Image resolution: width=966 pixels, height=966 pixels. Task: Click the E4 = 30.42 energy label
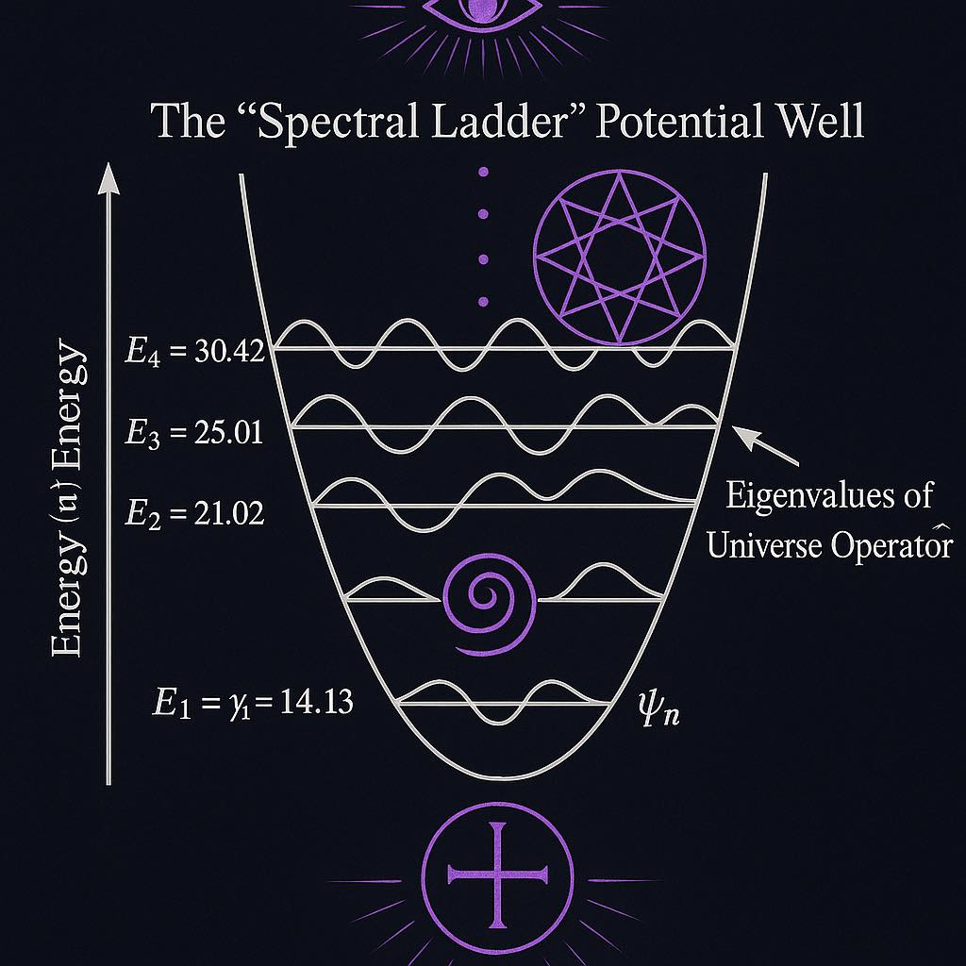[194, 352]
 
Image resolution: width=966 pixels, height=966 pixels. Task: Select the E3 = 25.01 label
[194, 432]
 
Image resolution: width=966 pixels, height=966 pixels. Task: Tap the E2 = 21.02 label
[194, 513]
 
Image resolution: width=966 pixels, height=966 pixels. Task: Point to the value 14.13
[316, 702]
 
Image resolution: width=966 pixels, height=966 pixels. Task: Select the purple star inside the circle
[619, 258]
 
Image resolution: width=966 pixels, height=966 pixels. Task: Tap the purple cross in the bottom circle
[497, 874]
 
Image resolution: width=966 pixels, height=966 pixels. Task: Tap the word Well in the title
[820, 122]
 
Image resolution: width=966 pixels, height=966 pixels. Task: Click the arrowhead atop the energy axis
[109, 178]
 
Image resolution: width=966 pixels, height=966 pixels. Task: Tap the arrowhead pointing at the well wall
[745, 435]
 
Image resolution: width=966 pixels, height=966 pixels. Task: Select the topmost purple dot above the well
[484, 172]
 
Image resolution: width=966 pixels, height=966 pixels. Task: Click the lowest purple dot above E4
[484, 302]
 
